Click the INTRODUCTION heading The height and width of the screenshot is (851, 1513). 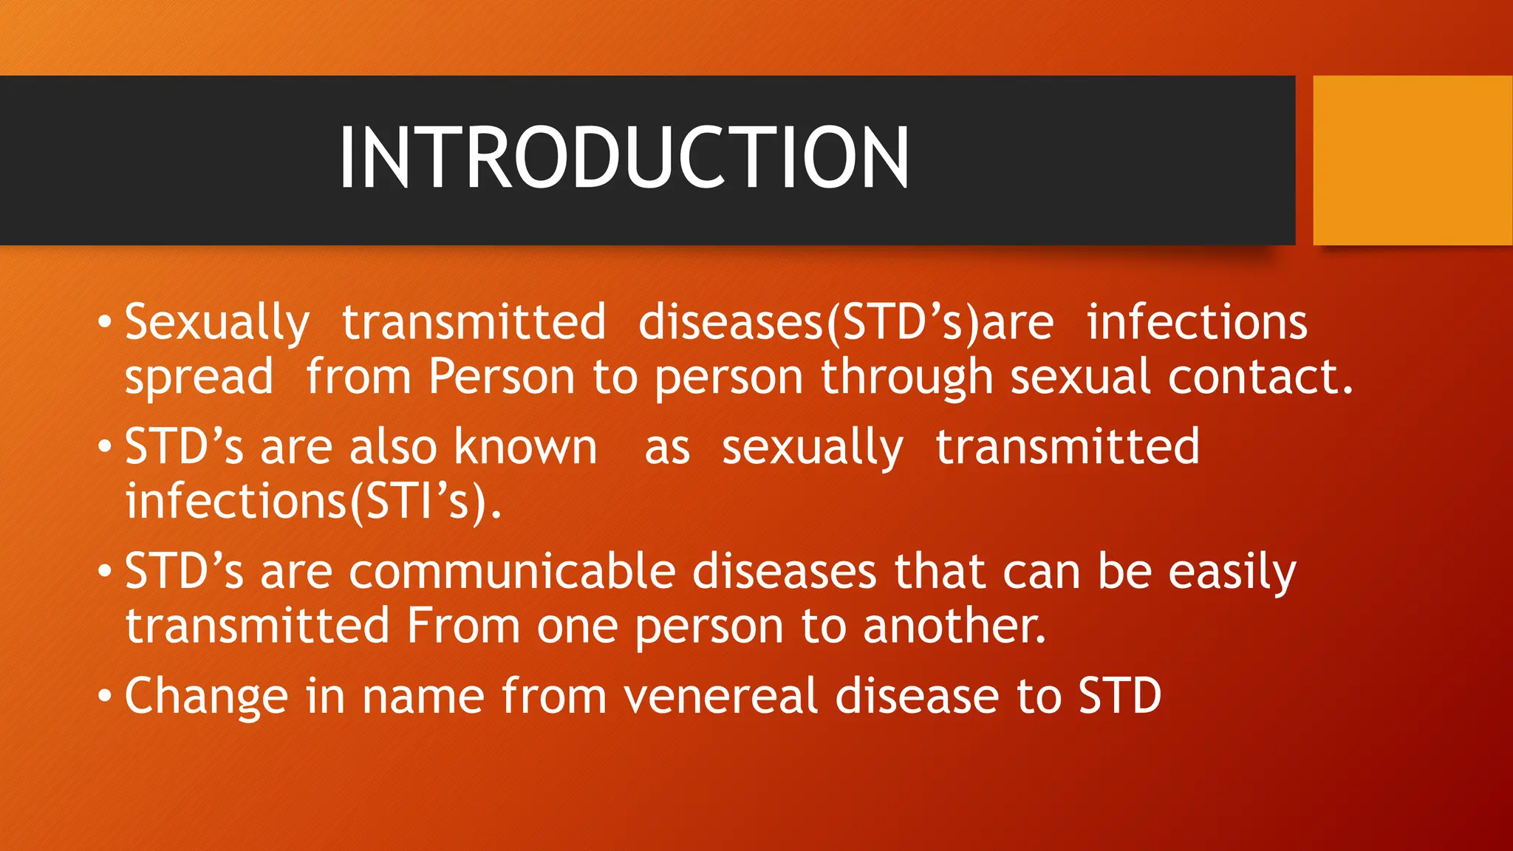coord(624,158)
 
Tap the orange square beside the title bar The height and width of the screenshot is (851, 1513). coord(1413,160)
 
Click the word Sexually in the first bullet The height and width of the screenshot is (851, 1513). coord(216,324)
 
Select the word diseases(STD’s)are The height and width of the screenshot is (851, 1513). coord(846,324)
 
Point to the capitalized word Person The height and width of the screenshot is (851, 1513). coord(502,377)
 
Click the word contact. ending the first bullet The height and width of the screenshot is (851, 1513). coord(1260,377)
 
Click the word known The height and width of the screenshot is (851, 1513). coord(525,448)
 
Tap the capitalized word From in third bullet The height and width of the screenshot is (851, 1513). coord(463,626)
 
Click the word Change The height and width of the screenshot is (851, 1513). coord(206,697)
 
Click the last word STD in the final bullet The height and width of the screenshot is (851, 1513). coord(1119,697)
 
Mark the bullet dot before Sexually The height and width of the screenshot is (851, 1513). coord(105,323)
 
